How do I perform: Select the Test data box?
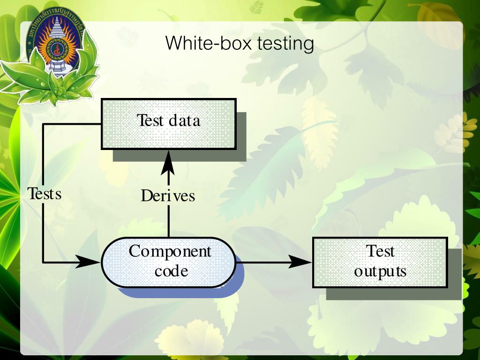[x=169, y=124]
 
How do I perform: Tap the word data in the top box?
[x=184, y=121]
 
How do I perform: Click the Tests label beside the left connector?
[x=45, y=193]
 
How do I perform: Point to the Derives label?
[x=168, y=195]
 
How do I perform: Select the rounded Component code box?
[x=169, y=262]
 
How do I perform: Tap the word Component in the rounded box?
[x=170, y=252]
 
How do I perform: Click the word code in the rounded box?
[x=171, y=271]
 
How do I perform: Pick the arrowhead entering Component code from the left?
[x=89, y=262]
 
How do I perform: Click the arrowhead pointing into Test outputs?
[x=300, y=262]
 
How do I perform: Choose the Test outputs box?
[x=380, y=262]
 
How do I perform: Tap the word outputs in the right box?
[x=380, y=271]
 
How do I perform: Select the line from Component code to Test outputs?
[x=262, y=262]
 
